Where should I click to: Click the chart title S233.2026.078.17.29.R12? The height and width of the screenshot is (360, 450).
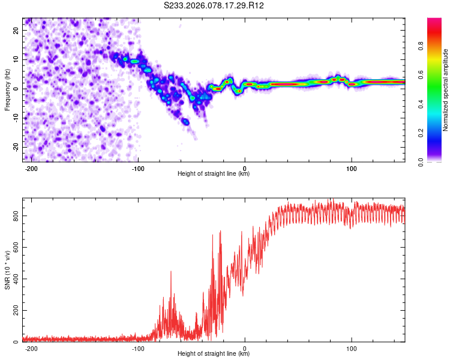point(214,5)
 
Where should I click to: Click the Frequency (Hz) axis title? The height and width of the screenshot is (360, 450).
point(7,89)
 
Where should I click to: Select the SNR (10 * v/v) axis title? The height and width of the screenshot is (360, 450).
point(7,269)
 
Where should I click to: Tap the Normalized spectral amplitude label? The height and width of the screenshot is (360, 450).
point(446,89)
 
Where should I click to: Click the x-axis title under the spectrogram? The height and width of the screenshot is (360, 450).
point(214,174)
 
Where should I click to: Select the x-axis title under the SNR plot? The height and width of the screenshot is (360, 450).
point(214,354)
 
